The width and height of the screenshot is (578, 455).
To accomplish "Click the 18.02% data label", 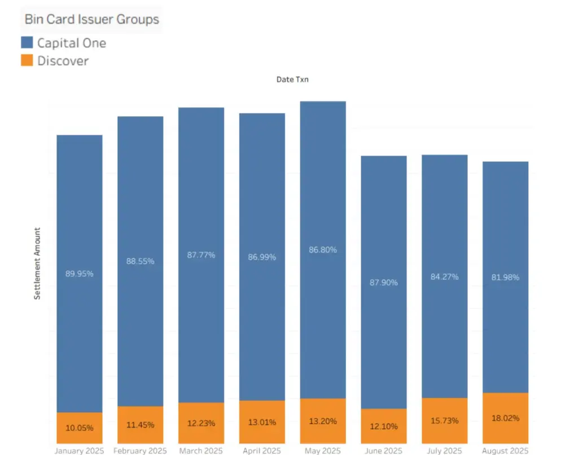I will [505, 418].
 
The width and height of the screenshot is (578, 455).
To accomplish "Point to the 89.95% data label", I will [79, 274].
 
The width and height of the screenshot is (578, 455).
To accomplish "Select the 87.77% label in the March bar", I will [201, 255].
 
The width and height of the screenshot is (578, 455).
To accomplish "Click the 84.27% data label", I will [444, 277].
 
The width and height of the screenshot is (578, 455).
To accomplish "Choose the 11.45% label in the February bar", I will [140, 425].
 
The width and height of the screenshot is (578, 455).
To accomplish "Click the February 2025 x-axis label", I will [140, 450].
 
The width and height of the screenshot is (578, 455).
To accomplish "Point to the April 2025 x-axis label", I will [262, 450].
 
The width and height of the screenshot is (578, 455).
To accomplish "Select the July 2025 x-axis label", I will [444, 450].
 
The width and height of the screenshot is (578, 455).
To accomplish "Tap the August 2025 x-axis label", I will [505, 450].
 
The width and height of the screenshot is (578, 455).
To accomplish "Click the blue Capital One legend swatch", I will [27, 42].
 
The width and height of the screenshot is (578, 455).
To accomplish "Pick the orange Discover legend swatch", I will [27, 60].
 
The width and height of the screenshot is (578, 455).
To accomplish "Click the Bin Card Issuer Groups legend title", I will [91, 19].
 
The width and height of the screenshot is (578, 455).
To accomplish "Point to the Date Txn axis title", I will [292, 79].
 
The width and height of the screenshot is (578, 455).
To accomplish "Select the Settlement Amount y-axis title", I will [38, 263].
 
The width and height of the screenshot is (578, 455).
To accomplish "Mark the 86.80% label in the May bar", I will [322, 249].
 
